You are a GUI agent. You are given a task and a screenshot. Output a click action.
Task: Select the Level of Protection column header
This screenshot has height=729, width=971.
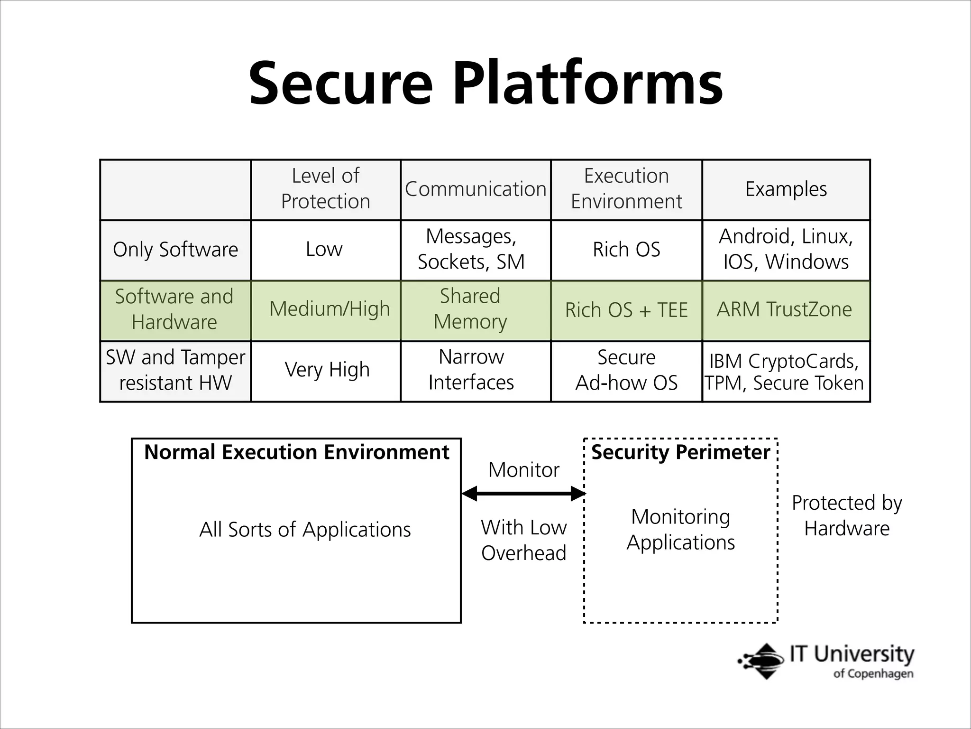[x=325, y=189]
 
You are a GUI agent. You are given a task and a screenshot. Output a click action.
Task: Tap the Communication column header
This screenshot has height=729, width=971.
[x=476, y=189]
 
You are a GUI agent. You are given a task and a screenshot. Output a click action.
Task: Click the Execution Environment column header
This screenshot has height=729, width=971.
[x=626, y=189]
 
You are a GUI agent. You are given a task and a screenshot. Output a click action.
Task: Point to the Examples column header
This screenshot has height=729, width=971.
[x=786, y=189]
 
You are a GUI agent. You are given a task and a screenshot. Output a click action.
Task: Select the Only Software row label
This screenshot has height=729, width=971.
[x=175, y=250]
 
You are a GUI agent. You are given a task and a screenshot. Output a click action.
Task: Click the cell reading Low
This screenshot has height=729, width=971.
[x=324, y=250]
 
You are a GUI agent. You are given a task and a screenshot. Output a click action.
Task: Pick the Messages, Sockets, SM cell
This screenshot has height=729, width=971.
[x=471, y=249]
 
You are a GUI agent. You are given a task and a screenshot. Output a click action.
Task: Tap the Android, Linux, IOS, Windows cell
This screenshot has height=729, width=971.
[x=786, y=249]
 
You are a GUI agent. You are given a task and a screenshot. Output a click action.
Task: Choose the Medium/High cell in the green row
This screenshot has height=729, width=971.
[x=330, y=309]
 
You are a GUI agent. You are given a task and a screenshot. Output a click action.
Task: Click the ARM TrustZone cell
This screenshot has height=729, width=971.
[x=784, y=309]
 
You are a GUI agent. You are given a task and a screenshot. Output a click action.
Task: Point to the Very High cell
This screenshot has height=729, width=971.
[x=327, y=370]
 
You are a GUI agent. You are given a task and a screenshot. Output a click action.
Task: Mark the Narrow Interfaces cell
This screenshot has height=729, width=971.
[x=471, y=370]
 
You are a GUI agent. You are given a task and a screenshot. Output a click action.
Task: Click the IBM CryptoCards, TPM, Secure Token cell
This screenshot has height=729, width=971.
[x=784, y=372]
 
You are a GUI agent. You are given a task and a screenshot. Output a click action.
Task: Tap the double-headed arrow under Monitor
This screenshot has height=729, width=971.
[x=523, y=494]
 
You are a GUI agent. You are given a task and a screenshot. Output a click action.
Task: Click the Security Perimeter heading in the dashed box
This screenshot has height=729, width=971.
[x=680, y=452]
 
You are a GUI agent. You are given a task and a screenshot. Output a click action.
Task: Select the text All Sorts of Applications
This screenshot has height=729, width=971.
[x=305, y=530]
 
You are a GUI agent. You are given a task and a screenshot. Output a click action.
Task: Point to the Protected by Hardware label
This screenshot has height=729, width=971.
[x=847, y=515]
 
